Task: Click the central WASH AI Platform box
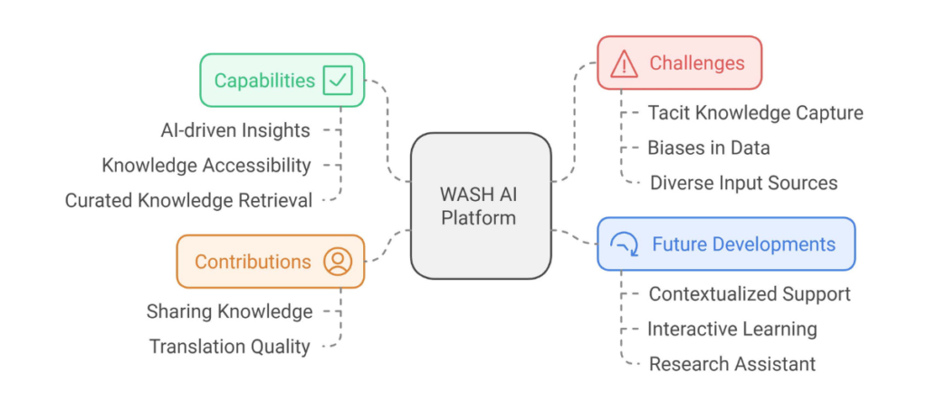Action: pos(480,206)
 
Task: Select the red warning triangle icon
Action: pos(624,63)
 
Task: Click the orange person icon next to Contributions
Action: pos(338,262)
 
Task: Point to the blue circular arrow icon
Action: pos(625,244)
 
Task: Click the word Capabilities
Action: pos(264,81)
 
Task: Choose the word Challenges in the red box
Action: pos(697,63)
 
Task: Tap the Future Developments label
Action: pos(743,244)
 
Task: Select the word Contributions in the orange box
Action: pos(253,262)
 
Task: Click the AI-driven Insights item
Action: pos(235,130)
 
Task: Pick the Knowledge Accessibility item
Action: pos(206,165)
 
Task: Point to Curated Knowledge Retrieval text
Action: pos(188,200)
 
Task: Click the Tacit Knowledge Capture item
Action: pos(755,113)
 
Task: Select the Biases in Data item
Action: pos(709,148)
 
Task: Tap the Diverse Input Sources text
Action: pos(743,183)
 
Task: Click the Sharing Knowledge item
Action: pos(230,311)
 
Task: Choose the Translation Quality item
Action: pos(230,346)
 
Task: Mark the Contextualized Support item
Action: pos(750,294)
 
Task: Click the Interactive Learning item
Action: pos(732,329)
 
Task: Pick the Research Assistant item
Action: pos(732,364)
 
